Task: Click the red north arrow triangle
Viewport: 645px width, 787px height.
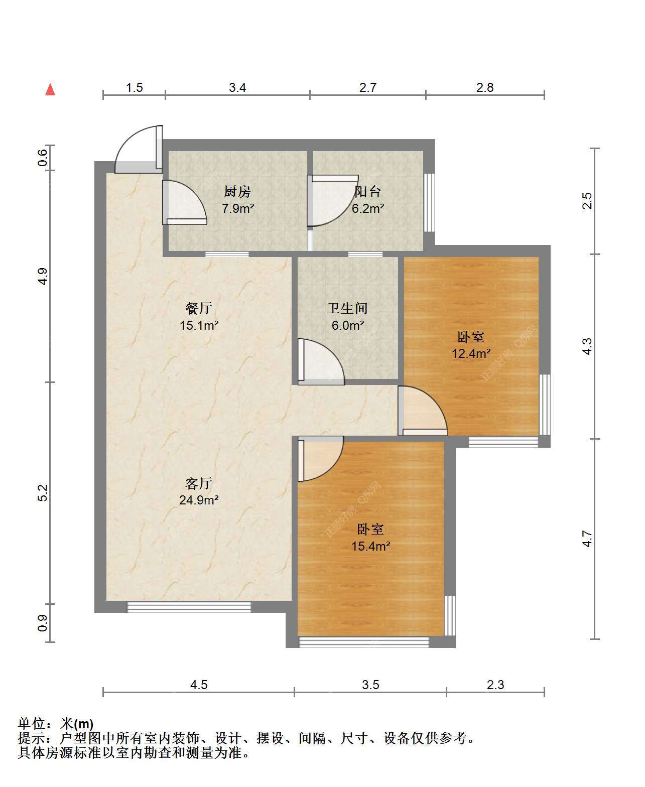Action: pos(50,90)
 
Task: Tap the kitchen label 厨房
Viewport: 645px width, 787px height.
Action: pos(237,192)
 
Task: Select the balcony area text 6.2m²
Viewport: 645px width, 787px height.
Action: pos(368,208)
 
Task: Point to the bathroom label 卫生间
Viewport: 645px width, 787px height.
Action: pos(347,308)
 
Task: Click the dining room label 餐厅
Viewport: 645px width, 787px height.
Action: pos(199,308)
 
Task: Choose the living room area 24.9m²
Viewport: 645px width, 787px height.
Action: pos(199,500)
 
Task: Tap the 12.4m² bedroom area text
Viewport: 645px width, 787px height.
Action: pos(471,353)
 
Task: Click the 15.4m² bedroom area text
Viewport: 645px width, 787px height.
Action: pos(370,546)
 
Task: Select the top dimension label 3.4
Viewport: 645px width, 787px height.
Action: pos(237,88)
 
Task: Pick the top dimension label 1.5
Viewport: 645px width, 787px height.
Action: pos(135,88)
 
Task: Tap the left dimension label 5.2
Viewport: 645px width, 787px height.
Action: pos(43,493)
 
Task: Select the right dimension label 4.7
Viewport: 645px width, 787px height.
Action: pos(587,539)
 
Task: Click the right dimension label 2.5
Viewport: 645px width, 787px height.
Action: pos(587,201)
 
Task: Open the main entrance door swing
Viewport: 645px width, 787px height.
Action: pos(139,149)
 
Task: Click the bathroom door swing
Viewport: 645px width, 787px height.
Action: pos(321,361)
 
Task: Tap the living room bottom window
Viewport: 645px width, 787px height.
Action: pos(189,607)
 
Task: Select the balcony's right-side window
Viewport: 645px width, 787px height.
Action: pos(430,202)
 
